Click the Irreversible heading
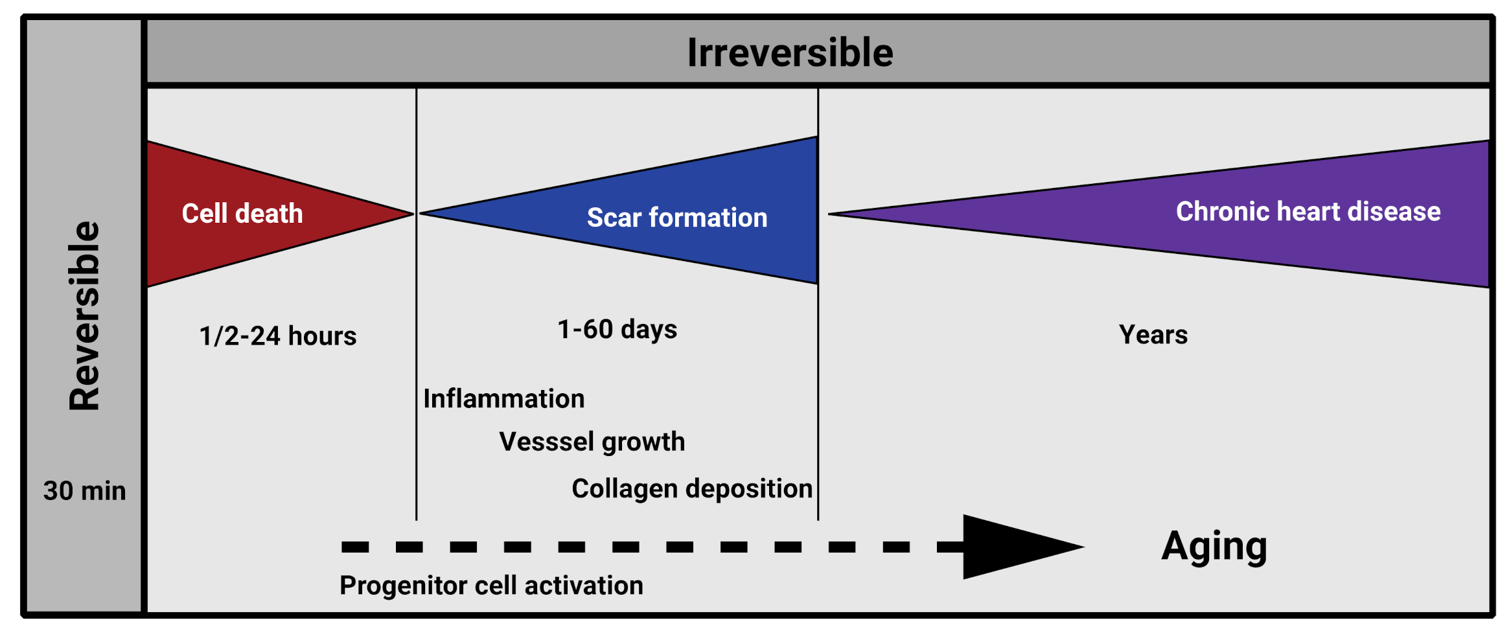click(790, 52)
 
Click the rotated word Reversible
click(85, 316)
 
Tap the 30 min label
click(84, 491)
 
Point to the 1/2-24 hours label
click(278, 336)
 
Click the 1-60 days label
click(617, 330)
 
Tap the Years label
click(1153, 335)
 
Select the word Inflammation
click(504, 399)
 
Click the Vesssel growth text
click(592, 442)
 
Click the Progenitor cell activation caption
click(491, 586)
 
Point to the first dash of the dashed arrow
click(355, 547)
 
